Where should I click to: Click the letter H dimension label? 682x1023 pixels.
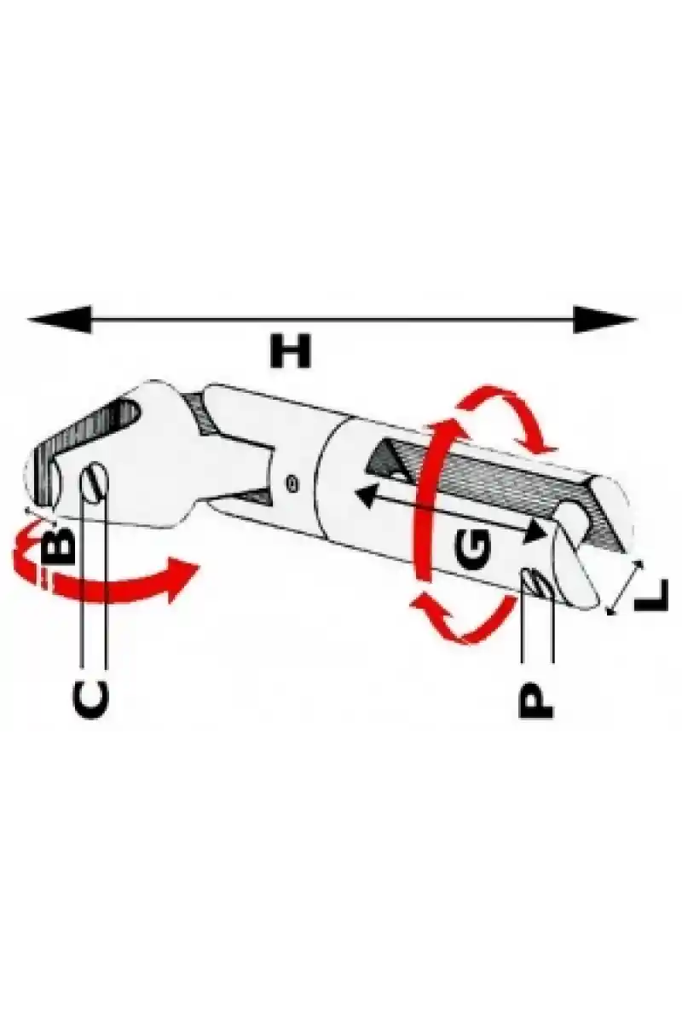coord(290,350)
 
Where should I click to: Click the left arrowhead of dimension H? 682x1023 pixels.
coord(60,319)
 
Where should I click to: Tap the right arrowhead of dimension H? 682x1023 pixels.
coord(604,319)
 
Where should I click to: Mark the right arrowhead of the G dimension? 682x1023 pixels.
coord(535,532)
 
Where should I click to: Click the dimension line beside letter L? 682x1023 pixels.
coord(624,587)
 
